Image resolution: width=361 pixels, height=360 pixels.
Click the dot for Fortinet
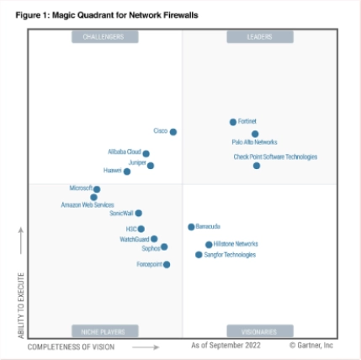coord(233,122)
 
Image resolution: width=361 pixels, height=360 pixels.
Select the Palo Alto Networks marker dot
coord(255,134)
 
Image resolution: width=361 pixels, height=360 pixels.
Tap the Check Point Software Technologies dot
coord(257,166)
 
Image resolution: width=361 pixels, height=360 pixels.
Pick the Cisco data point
coord(173,131)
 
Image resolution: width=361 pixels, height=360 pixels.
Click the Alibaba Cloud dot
coord(146,154)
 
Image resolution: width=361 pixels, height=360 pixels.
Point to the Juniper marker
coord(151,166)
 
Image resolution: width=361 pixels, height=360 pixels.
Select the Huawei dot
coord(127,172)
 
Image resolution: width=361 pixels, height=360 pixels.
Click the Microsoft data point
coord(97,189)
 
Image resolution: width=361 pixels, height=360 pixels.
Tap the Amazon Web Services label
coord(87,205)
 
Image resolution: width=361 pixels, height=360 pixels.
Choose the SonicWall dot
coord(139,214)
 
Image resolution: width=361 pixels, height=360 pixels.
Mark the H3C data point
coord(141,229)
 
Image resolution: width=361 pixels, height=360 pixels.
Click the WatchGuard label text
coord(134,240)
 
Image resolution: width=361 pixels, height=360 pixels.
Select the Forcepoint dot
coord(167,264)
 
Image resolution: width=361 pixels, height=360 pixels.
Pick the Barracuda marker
coord(191,227)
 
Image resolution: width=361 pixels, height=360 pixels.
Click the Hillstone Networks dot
coord(209,245)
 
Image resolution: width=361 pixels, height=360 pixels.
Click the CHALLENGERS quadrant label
coord(104,37)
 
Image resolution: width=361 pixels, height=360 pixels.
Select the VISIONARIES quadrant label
coord(259,331)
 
